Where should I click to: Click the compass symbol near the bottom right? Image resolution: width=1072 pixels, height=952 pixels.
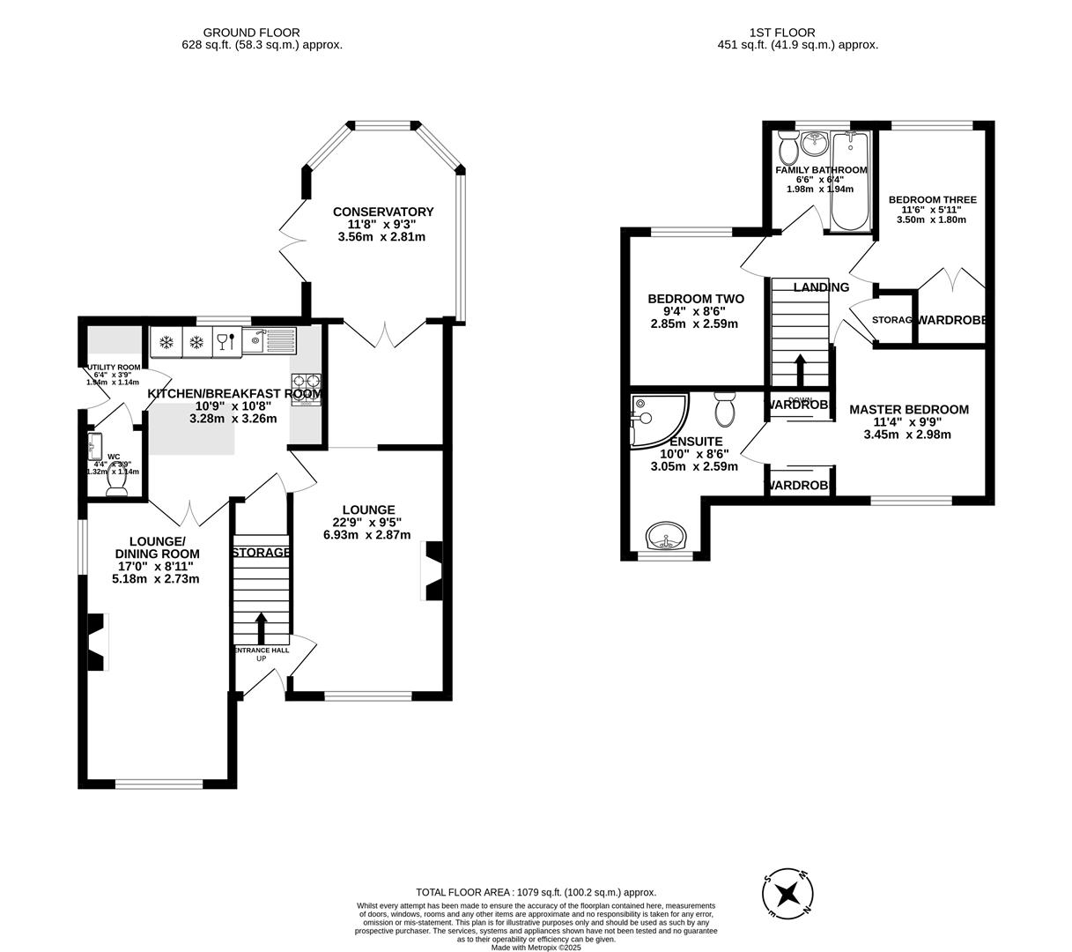click(x=787, y=893)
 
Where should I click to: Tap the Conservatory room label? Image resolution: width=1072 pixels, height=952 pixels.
click(x=383, y=212)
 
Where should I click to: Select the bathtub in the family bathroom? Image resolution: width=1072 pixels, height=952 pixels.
click(x=850, y=181)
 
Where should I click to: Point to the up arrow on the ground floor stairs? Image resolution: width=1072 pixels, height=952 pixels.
click(x=261, y=628)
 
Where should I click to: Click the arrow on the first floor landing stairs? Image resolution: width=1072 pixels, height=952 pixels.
click(x=800, y=369)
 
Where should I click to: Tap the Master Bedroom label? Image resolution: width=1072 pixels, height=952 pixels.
click(x=908, y=409)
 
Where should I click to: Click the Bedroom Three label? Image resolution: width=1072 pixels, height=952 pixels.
click(x=932, y=200)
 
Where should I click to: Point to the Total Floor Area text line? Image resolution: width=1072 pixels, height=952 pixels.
click(x=536, y=892)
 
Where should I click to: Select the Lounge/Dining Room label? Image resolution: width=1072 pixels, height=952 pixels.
click(x=164, y=547)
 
